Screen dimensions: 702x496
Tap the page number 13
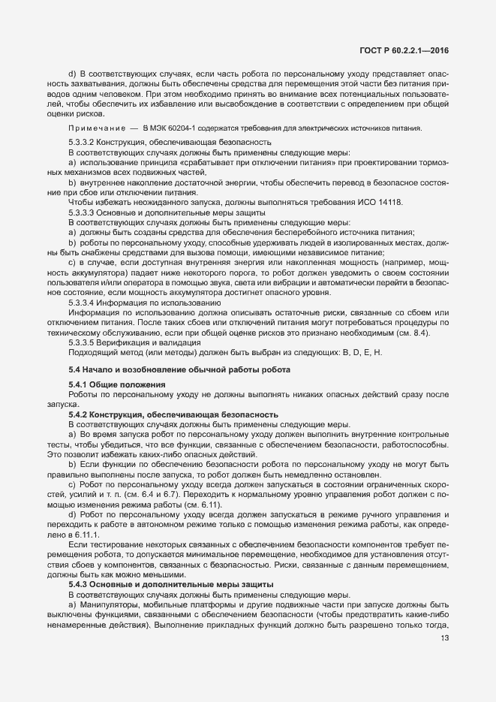[444, 639]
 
